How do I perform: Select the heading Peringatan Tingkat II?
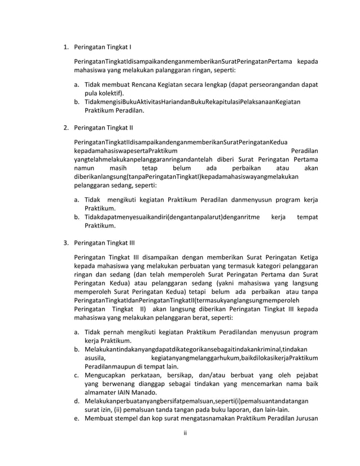tap(104, 128)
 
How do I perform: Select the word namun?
tap(83, 168)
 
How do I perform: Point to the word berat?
tap(199, 317)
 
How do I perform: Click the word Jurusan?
tap(305, 419)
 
